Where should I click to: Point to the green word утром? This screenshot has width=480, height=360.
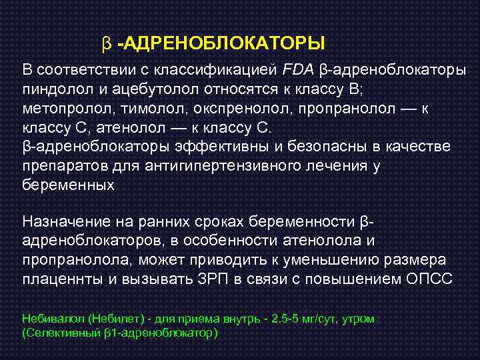click(x=358, y=319)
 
